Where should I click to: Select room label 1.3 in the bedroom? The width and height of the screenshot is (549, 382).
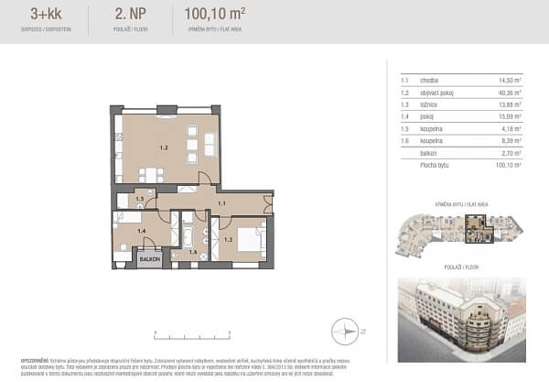[x=229, y=239]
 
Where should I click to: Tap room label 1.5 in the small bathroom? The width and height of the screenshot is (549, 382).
[x=140, y=199]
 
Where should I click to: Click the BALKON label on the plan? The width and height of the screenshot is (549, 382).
[x=150, y=259]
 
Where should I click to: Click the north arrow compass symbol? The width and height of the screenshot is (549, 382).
[x=346, y=330]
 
